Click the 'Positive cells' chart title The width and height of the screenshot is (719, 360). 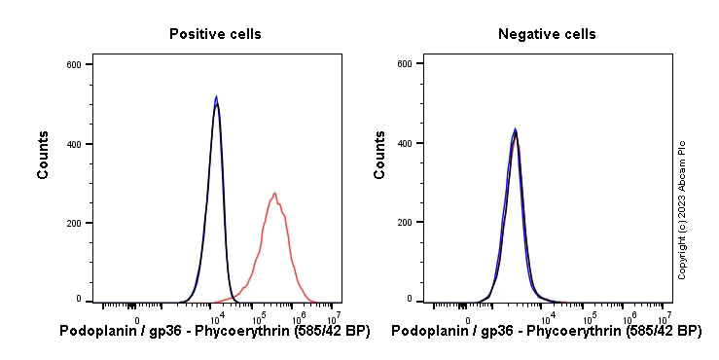[215, 34]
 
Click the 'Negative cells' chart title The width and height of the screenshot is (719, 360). [547, 34]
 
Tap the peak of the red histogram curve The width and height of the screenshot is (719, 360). [275, 194]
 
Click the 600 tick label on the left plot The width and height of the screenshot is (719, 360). [73, 64]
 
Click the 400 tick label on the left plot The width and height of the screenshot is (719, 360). [73, 144]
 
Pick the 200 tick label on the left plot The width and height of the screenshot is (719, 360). [73, 223]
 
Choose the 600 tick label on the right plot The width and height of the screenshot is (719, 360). [404, 64]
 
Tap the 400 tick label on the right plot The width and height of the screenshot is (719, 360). [404, 144]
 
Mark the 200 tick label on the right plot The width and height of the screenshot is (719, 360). [404, 223]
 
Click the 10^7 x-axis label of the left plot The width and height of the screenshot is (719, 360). [333, 318]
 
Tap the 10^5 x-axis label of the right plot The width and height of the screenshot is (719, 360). [590, 318]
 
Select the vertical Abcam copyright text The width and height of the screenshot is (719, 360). [682, 209]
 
